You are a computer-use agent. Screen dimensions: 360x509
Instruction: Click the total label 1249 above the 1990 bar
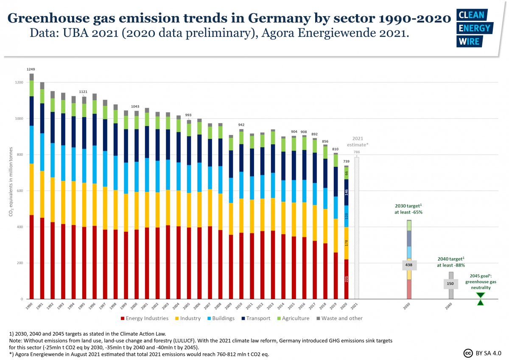click(x=31, y=69)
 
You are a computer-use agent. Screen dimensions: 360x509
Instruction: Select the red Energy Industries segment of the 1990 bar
click(x=31, y=257)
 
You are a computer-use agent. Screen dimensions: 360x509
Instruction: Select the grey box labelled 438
click(x=409, y=265)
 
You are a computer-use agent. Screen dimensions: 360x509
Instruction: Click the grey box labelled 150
click(x=450, y=284)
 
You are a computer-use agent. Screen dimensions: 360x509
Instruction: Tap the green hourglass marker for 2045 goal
click(x=480, y=298)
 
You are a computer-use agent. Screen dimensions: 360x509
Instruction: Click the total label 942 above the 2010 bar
click(x=241, y=125)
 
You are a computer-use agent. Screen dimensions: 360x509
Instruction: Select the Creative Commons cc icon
click(x=468, y=353)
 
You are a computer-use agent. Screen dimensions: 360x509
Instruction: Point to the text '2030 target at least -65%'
click(x=408, y=208)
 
